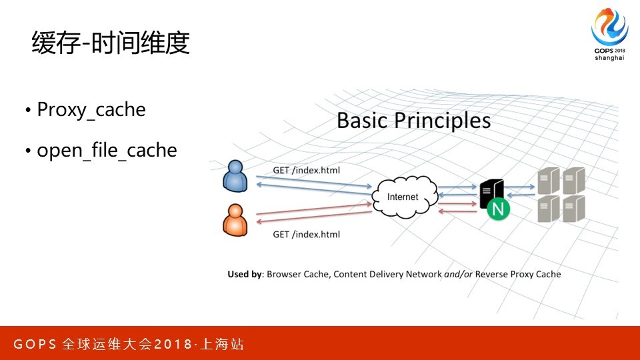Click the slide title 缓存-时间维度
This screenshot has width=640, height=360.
111,43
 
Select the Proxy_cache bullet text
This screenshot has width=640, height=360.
91,110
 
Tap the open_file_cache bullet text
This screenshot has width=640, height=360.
107,150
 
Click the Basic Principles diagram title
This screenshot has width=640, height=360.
413,121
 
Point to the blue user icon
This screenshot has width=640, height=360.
235,175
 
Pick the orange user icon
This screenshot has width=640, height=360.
235,220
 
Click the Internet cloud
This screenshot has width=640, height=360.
405,197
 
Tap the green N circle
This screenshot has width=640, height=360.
498,209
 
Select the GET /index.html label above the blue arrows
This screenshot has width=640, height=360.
306,170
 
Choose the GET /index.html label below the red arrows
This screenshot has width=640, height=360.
306,234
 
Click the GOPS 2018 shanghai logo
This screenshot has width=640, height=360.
609,34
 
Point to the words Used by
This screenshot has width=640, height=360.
244,274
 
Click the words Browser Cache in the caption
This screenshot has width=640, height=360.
297,274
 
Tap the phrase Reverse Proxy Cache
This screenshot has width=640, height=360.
518,274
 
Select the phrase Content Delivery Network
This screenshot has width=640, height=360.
387,274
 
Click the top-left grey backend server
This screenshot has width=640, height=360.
548,181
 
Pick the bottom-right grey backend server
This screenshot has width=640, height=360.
574,209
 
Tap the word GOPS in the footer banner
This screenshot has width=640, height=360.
35,344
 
